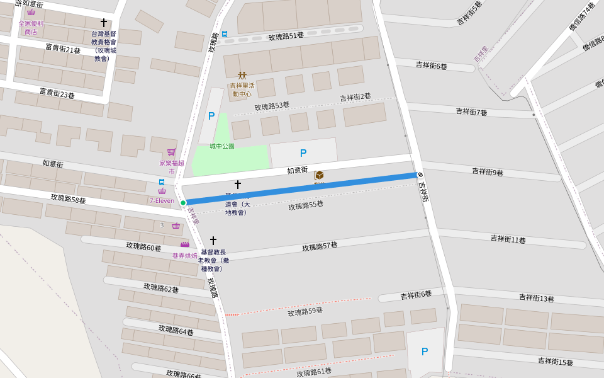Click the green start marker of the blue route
coord(183,203)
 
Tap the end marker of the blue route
coord(420,175)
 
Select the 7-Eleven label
coord(162,201)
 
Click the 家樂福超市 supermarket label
coord(172,167)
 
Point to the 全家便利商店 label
coord(31,27)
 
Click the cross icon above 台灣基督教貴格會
coord(104,23)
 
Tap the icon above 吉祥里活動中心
coord(242,76)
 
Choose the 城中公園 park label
coord(222,146)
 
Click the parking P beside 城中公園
coord(211,116)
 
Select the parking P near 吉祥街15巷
coord(425,352)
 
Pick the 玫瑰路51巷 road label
coord(286,37)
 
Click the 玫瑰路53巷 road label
coord(272,106)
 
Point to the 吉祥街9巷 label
coord(488,172)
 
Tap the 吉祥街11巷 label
coord(508,239)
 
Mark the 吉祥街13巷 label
coord(536,298)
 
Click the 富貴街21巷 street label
coord(62,49)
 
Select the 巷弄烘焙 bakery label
coord(185,256)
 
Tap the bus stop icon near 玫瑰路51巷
coord(225,34)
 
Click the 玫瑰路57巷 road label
coord(320,246)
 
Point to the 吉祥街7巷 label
coord(471,112)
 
